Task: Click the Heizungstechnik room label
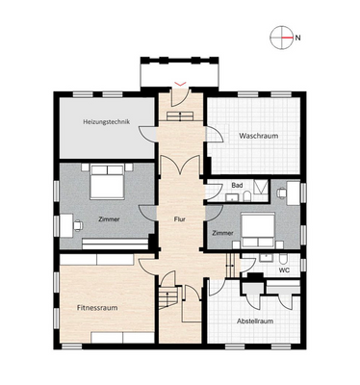[107, 122]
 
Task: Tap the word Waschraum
[258, 136]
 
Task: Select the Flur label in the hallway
[179, 219]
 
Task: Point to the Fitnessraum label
[97, 308]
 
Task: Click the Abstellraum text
[255, 321]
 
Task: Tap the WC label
[284, 270]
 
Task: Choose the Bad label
[237, 186]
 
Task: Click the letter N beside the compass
[297, 38]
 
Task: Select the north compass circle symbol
[282, 38]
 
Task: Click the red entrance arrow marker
[180, 84]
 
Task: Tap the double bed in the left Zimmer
[107, 182]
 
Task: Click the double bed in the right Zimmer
[258, 230]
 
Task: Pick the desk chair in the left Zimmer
[78, 225]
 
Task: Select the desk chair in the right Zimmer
[281, 193]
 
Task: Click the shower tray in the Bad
[262, 187]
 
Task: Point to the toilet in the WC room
[283, 259]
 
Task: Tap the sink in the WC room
[265, 258]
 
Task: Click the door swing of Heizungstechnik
[147, 134]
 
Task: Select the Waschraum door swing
[215, 135]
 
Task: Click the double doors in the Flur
[180, 165]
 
